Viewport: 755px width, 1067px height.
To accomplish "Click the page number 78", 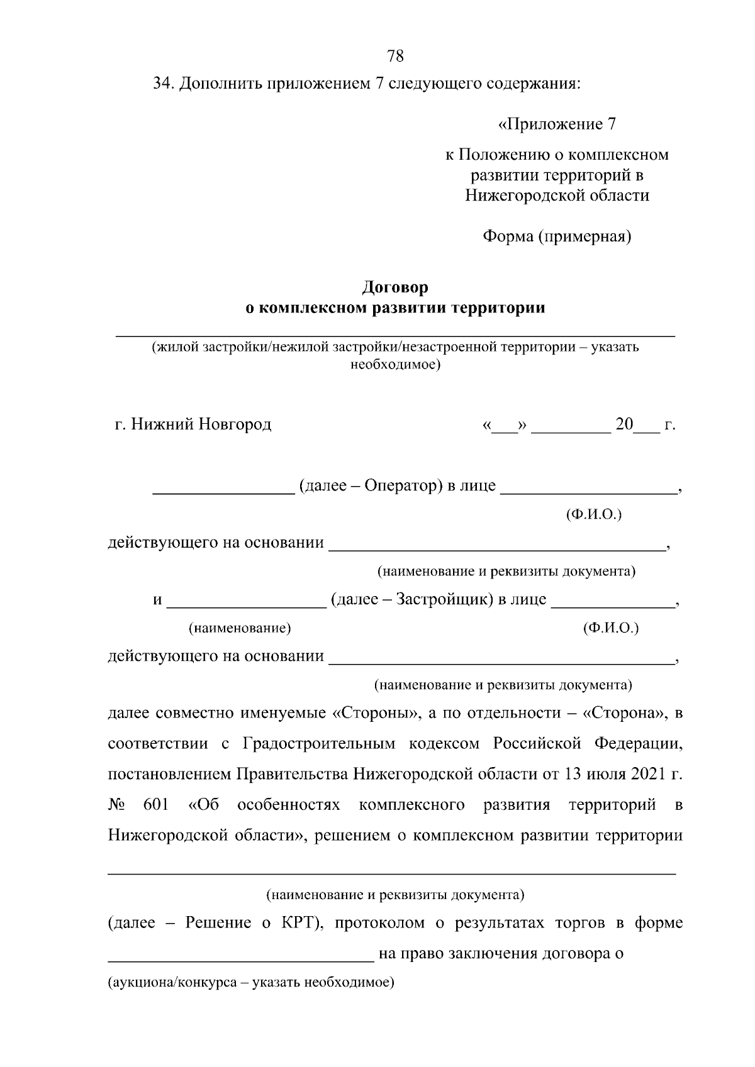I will point(395,57).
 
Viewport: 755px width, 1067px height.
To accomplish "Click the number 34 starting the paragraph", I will point(163,84).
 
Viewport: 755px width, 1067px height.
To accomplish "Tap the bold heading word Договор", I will point(394,287).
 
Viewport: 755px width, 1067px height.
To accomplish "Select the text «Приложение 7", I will point(557,124).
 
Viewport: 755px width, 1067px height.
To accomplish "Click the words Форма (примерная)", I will point(557,236).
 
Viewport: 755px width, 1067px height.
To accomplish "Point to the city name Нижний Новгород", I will point(201,424).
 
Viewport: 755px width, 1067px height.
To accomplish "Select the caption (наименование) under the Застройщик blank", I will point(240,627).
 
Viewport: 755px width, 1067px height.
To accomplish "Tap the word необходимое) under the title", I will point(395,365).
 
